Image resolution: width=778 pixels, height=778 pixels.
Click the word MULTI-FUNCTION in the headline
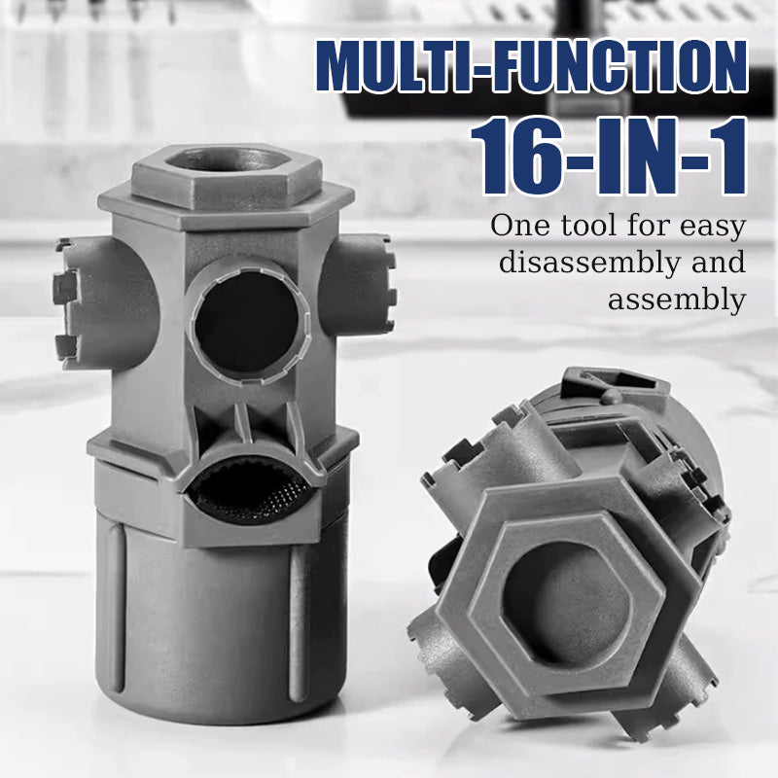tap(531, 66)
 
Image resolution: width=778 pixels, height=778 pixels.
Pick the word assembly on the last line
tap(677, 301)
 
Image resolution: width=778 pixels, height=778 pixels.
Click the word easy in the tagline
tap(713, 228)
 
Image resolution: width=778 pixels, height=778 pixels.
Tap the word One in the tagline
tap(520, 226)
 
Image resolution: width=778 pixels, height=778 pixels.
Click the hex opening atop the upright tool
tap(228, 159)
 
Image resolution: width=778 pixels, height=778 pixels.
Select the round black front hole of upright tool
tap(247, 323)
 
